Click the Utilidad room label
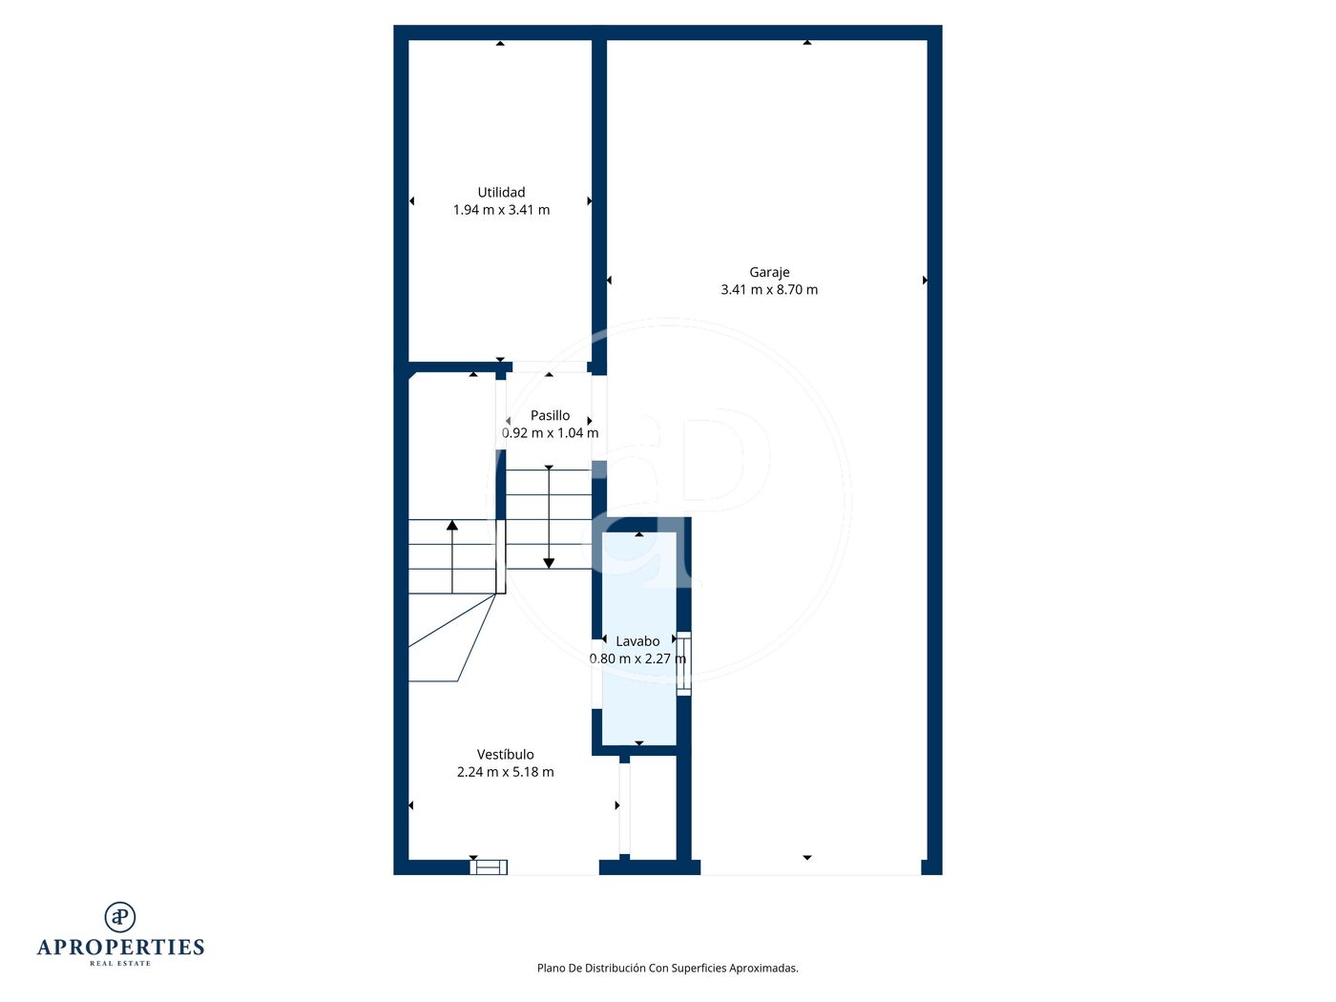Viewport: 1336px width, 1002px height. pos(500,192)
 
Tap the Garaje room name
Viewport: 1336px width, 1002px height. pos(769,273)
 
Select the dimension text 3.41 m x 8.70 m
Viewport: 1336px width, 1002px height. pos(769,289)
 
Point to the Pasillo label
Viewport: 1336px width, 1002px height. pos(550,415)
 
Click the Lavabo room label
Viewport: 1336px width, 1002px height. pos(637,641)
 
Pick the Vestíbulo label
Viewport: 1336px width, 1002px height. pos(505,755)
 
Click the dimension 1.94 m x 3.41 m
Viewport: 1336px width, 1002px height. pos(501,210)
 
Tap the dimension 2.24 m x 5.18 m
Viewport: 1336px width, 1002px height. pos(505,772)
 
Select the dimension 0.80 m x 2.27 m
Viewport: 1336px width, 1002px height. pos(637,658)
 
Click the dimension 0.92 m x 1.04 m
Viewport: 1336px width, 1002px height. pos(550,432)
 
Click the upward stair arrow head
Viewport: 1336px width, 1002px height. pos(451,525)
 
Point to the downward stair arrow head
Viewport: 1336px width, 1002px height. pos(549,563)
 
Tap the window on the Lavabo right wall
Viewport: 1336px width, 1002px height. pos(684,663)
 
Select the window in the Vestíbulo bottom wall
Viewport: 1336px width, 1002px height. pos(489,866)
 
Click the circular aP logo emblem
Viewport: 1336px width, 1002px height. pos(120,917)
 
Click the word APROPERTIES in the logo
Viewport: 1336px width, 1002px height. pos(120,948)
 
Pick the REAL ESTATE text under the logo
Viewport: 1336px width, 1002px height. pos(120,963)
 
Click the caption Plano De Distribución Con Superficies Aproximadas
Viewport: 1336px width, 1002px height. pos(667,968)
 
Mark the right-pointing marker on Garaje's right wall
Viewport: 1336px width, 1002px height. pos(925,280)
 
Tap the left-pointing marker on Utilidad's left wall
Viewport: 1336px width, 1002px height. pos(411,200)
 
